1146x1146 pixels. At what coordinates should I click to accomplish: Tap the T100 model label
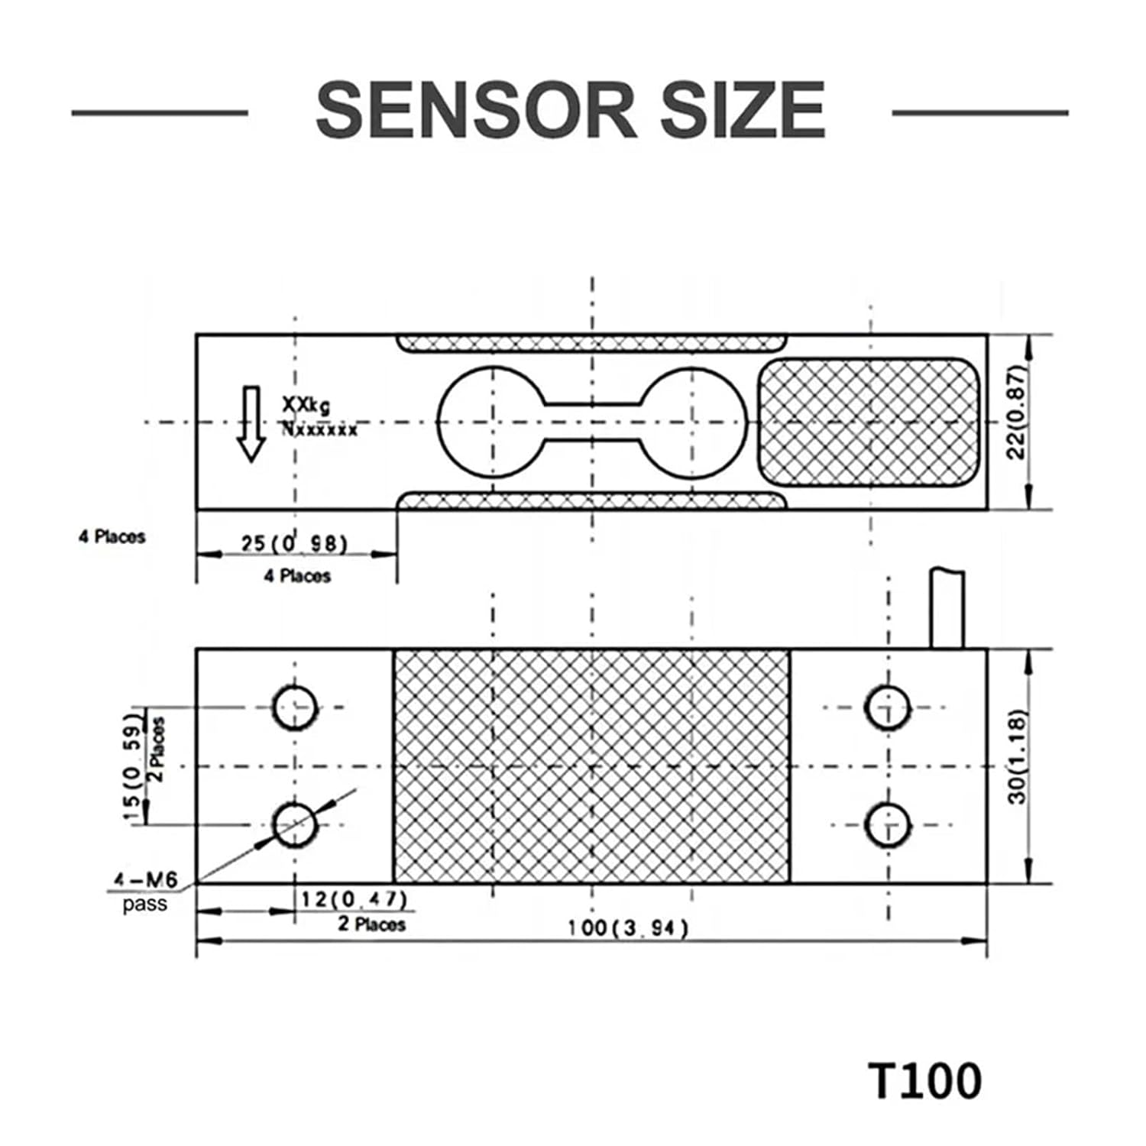[x=924, y=1081]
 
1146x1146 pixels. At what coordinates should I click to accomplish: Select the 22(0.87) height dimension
[x=1016, y=413]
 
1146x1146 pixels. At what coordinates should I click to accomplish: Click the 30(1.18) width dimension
[x=1018, y=757]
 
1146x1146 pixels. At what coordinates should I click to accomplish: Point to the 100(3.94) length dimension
[x=627, y=928]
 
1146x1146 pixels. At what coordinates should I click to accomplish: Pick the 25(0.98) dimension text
[x=294, y=543]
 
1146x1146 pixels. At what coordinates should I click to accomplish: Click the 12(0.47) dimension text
[x=353, y=898]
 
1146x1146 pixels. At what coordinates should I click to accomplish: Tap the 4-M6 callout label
[x=145, y=881]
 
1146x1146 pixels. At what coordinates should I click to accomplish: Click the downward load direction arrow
[x=250, y=424]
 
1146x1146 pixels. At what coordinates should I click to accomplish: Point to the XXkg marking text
[x=306, y=404]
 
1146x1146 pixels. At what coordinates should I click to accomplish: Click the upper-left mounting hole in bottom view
[x=295, y=707]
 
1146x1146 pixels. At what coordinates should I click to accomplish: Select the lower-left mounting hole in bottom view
[x=295, y=824]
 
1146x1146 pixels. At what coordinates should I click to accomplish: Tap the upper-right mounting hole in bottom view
[x=888, y=707]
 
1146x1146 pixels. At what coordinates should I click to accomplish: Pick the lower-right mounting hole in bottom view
[x=888, y=825]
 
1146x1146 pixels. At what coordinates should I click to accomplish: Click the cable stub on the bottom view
[x=947, y=609]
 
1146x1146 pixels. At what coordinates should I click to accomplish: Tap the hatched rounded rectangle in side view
[x=869, y=422]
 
